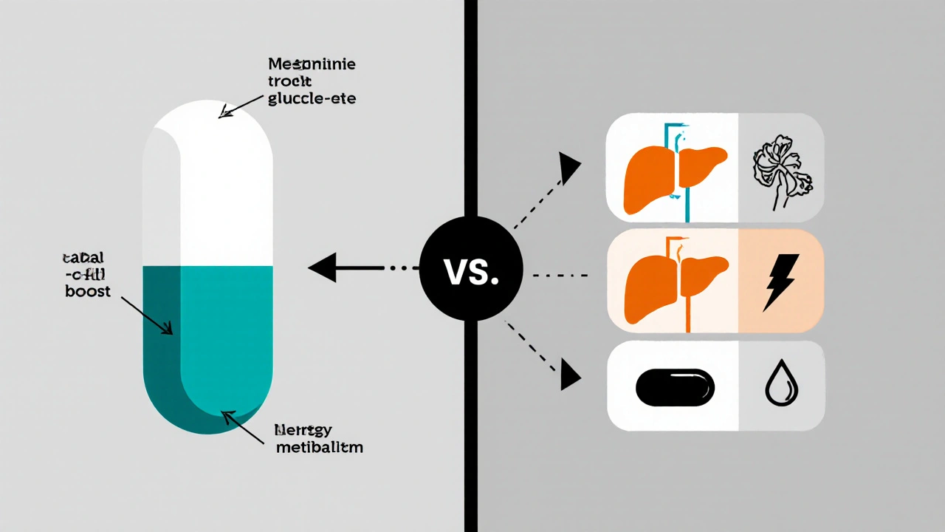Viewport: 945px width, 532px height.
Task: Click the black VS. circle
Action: point(471,269)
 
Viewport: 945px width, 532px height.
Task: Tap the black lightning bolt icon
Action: point(780,282)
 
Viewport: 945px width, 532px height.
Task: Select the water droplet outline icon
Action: point(780,386)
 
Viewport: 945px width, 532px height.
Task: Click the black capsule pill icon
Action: point(675,386)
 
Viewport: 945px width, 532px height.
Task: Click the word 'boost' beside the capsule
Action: point(87,291)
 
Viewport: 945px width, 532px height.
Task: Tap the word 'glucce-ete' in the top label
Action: point(310,99)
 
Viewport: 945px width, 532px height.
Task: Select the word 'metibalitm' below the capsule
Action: point(318,447)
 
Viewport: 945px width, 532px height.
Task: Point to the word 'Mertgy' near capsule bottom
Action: point(302,429)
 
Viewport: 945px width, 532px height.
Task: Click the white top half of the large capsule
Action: point(208,185)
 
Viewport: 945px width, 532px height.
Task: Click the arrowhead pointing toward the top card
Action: point(569,168)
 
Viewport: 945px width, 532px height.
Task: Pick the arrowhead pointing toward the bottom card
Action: point(569,373)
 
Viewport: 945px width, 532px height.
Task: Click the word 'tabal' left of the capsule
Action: point(83,258)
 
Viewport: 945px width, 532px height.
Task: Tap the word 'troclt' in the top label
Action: point(291,82)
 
